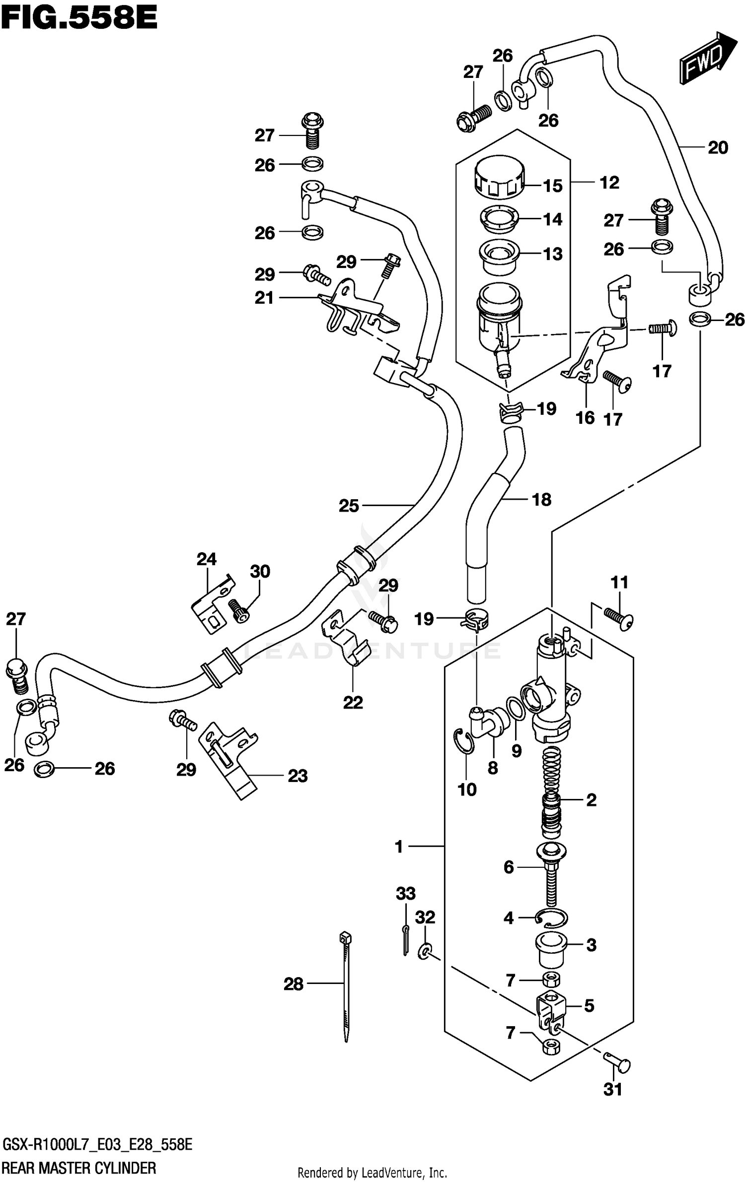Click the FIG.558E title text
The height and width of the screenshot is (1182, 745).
click(79, 19)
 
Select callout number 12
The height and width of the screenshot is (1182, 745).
click(609, 183)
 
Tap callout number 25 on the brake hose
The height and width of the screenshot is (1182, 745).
click(349, 506)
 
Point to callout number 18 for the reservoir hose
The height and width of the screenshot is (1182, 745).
click(541, 499)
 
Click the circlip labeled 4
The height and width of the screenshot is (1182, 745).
click(551, 919)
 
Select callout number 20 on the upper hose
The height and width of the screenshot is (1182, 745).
click(718, 147)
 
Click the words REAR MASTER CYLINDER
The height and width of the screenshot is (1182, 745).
click(79, 1168)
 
